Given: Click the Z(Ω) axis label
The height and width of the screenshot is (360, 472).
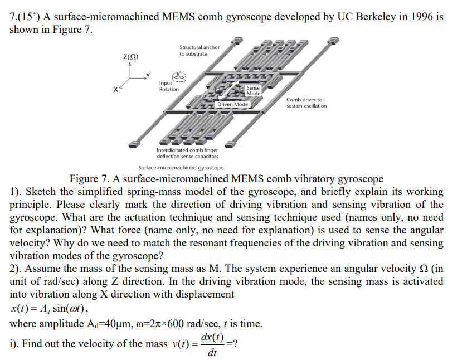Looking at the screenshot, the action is (x=131, y=57).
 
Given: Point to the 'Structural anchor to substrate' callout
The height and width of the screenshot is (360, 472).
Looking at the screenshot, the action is (x=199, y=51).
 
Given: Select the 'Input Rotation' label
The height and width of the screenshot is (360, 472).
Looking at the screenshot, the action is (x=169, y=86).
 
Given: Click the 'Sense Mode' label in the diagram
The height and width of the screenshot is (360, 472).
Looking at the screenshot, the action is (x=254, y=90).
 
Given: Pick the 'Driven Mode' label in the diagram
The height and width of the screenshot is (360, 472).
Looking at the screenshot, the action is (x=232, y=104).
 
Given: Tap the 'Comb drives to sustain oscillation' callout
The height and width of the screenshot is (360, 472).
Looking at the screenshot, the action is (x=306, y=103).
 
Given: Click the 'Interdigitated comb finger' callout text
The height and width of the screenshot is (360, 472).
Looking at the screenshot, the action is (x=187, y=150).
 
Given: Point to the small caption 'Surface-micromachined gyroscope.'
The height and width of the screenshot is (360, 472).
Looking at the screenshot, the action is (x=182, y=167).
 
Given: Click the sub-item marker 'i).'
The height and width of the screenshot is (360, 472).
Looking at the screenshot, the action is (x=16, y=343).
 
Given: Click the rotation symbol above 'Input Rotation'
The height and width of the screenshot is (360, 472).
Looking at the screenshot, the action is (x=178, y=76).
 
